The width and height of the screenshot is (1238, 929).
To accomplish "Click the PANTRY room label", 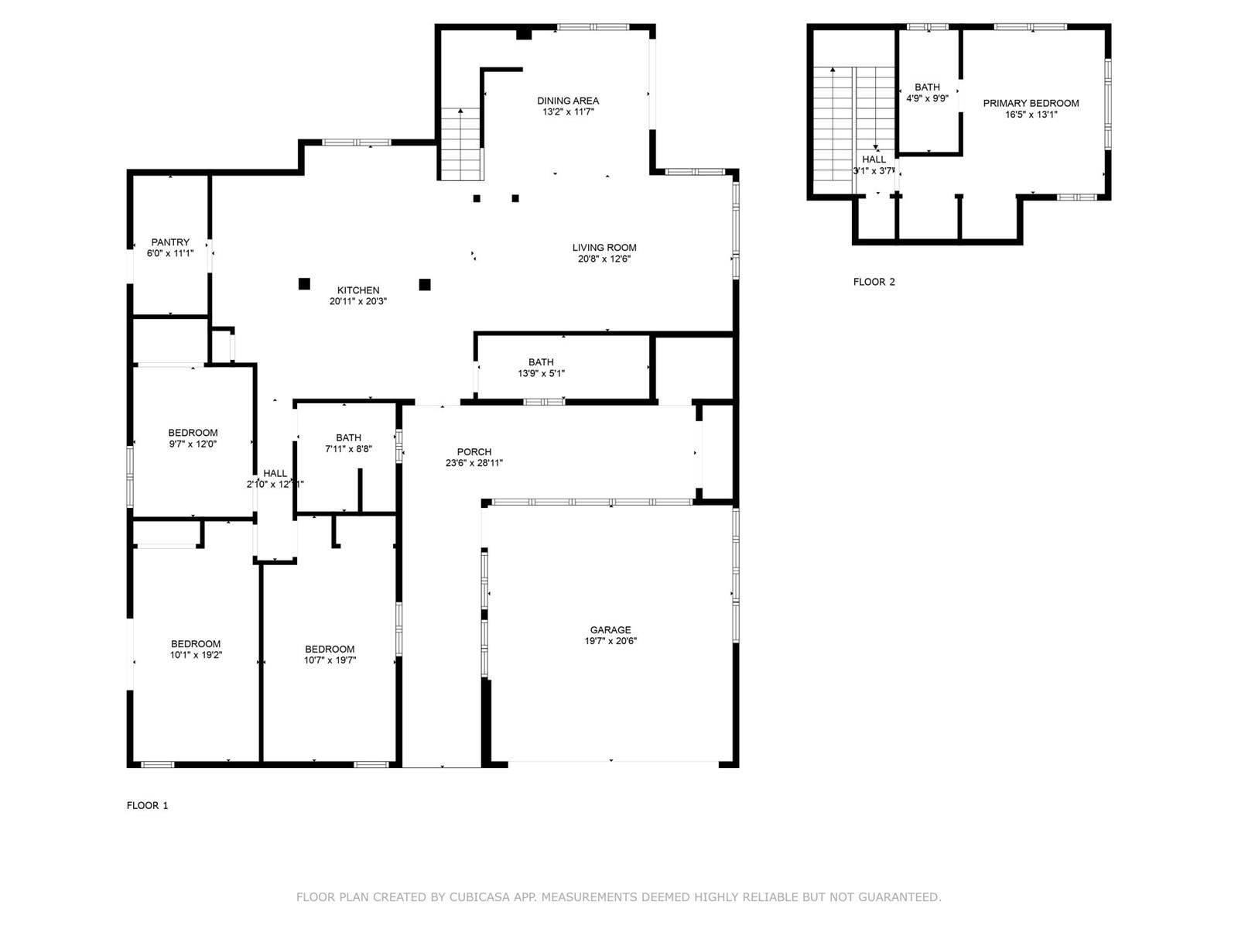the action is (x=170, y=242).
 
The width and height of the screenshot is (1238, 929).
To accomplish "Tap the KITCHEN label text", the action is (x=358, y=290).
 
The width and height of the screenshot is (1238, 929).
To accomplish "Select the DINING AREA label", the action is (x=568, y=101).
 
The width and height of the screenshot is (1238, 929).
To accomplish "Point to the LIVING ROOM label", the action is (x=604, y=247).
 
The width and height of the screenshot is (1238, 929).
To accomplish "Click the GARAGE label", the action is (x=610, y=629).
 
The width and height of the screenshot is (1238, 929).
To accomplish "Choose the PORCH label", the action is (x=474, y=452).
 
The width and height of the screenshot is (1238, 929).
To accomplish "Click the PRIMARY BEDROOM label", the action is (x=1031, y=103).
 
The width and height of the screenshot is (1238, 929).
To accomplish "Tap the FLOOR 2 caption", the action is (x=874, y=282).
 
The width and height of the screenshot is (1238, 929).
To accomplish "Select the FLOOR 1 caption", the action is (x=147, y=805).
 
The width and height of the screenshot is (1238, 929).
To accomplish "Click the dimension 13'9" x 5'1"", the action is (x=541, y=373).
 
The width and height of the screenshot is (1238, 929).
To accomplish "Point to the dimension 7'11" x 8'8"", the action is (x=348, y=448).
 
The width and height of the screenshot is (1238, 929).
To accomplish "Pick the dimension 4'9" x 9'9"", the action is (x=927, y=98).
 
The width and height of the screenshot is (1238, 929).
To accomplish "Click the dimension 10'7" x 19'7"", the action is (x=330, y=660).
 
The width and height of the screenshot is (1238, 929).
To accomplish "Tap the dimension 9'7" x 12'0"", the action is (x=193, y=444).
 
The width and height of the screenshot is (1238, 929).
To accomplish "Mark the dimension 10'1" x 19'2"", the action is (x=196, y=655).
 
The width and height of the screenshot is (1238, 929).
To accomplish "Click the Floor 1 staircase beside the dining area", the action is (x=461, y=144).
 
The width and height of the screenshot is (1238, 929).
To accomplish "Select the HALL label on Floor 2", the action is (x=874, y=159).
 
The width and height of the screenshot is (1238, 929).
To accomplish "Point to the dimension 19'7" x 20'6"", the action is (x=610, y=641).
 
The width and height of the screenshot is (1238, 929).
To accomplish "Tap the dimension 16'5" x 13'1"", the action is (x=1031, y=115).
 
